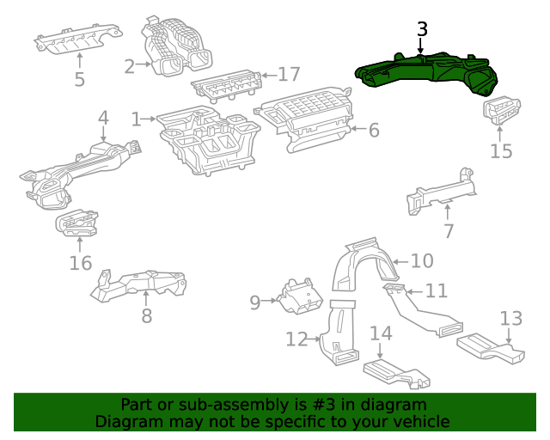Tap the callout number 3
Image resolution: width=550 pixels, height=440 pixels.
click(x=422, y=28)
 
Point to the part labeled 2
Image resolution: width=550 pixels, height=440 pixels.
click(x=177, y=47)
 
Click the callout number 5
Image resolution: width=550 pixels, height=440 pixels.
click(x=79, y=80)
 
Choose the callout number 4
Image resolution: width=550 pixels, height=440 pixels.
click(x=103, y=117)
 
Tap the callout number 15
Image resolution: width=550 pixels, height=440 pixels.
click(x=501, y=151)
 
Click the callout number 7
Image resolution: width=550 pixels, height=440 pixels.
click(x=448, y=230)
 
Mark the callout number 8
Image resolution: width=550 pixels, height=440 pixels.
click(x=147, y=315)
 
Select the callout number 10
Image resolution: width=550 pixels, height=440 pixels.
click(x=421, y=260)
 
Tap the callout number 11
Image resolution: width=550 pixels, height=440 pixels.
click(x=437, y=290)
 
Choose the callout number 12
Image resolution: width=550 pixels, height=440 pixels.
click(x=296, y=340)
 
